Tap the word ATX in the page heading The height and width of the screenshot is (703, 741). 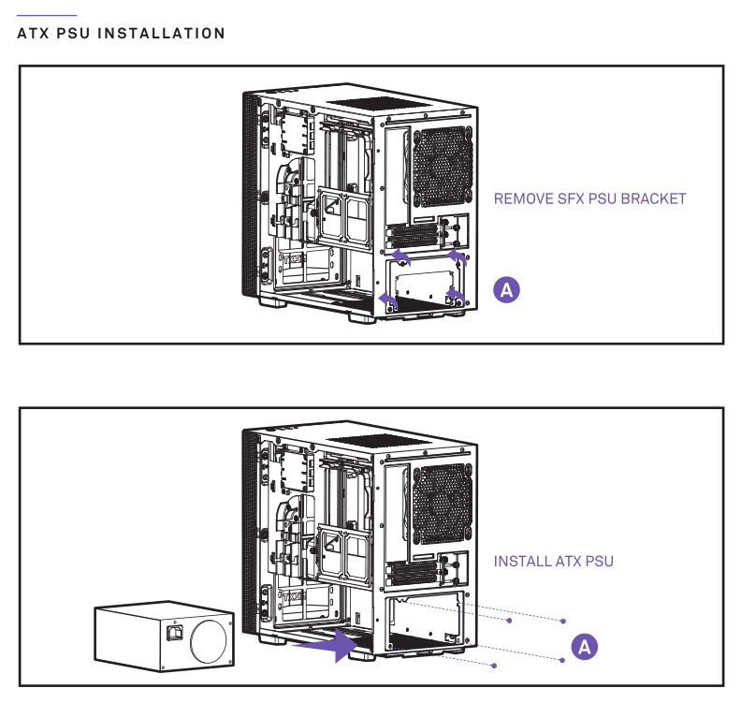pos(34,34)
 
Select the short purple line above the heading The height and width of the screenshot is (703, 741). pos(47,16)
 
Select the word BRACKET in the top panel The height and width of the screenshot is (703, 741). pos(653,198)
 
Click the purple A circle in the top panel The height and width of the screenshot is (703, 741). pos(506,290)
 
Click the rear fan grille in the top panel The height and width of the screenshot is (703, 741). pos(443,166)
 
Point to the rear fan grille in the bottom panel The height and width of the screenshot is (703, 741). pos(443,505)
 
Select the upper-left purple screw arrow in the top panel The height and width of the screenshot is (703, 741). pos(400,256)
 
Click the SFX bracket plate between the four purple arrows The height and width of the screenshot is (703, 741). pos(426,281)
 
